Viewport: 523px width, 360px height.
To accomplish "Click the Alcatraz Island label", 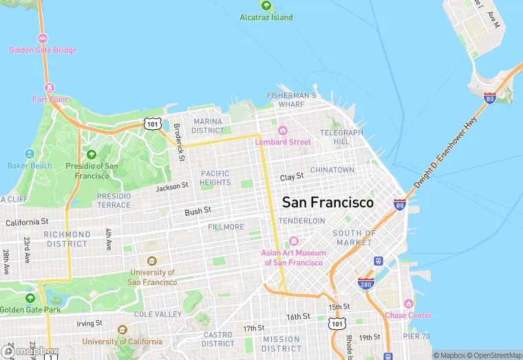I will click(266, 17).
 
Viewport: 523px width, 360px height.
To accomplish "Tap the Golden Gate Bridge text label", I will click(43, 50).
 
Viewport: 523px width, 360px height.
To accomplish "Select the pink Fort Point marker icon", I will click(50, 88).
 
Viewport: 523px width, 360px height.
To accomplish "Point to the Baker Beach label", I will click(30, 166).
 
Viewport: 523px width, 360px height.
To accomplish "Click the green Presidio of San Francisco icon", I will click(92, 154).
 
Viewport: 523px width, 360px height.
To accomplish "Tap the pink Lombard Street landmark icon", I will click(282, 131).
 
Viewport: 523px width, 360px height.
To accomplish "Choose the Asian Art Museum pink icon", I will click(293, 241).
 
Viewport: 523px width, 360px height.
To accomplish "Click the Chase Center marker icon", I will click(408, 304).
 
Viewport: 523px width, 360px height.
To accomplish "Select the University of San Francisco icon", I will click(152, 261).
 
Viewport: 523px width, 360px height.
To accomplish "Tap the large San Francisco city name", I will click(328, 203).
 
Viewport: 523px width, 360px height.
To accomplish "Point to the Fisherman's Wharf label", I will click(292, 100).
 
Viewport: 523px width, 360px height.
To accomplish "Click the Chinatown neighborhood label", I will click(332, 170).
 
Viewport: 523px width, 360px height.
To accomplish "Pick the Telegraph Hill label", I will click(341, 137).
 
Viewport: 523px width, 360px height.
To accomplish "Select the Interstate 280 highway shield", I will click(365, 283).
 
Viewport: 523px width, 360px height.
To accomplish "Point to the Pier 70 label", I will click(416, 337).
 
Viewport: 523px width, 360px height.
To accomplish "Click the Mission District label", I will click(281, 344).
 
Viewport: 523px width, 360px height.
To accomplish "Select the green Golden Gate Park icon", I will click(30, 298).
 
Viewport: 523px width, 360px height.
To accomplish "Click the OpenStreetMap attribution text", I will click(493, 355).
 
